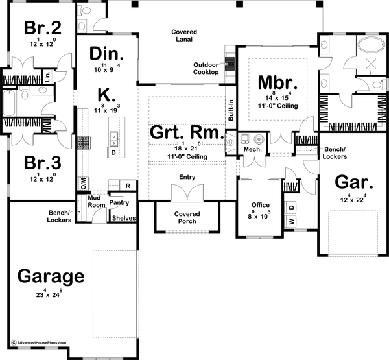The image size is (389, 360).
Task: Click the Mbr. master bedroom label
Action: tap(277, 84)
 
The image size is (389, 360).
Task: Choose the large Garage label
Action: tap(51, 276)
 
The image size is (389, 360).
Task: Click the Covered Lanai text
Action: tap(184, 36)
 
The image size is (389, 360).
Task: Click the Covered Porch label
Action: tap(187, 217)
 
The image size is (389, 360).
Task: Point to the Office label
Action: tap(261, 205)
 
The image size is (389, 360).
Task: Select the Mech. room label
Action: tap(253, 150)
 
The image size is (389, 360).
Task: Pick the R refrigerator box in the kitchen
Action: tap(128, 186)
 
